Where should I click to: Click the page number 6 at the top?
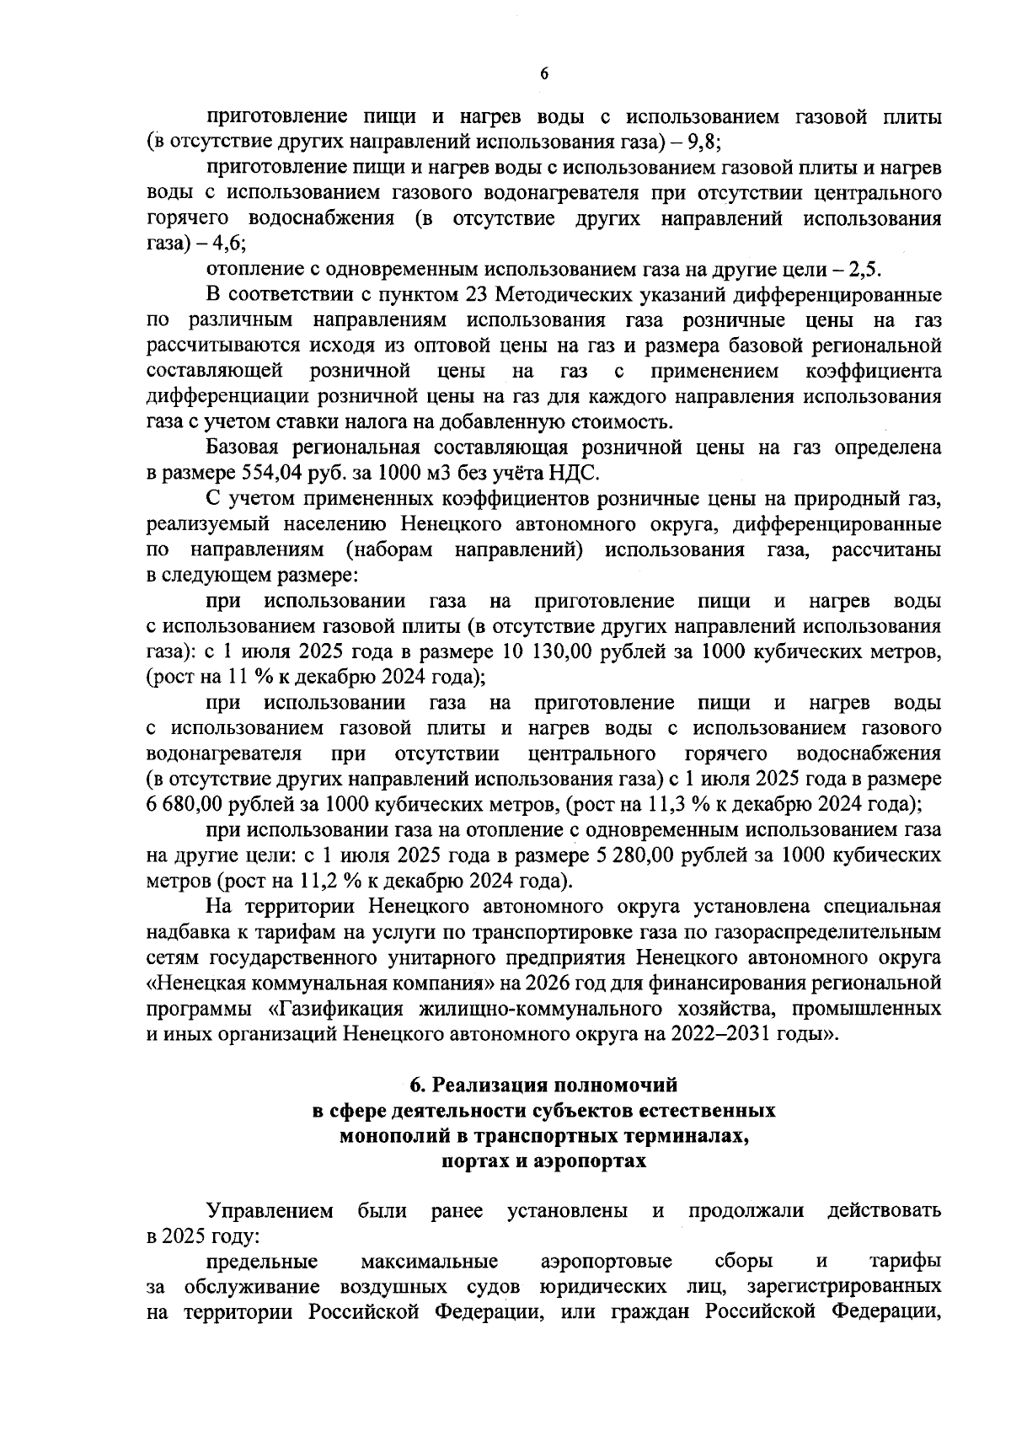pyautogui.click(x=543, y=74)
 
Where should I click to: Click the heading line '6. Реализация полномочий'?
pyautogui.click(x=543, y=1085)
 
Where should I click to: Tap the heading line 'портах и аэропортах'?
pyautogui.click(x=543, y=1161)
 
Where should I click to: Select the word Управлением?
pyautogui.click(x=270, y=1211)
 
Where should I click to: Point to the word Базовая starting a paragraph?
pyautogui.click(x=245, y=447)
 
